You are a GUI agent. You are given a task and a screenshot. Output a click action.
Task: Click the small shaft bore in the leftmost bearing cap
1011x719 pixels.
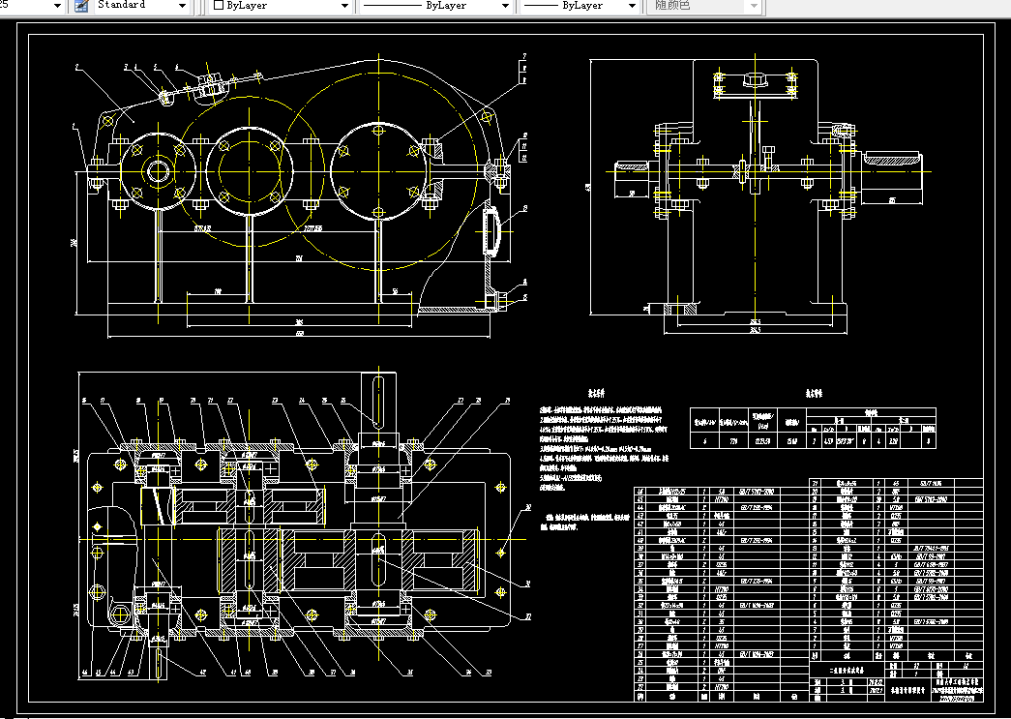coord(157,173)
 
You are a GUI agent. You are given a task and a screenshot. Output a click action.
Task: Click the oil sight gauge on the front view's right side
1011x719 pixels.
coord(491,232)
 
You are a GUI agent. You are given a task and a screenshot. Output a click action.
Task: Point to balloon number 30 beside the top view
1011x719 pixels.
coord(528,506)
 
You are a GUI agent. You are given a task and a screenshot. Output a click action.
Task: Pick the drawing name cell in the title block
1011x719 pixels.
coord(845,670)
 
